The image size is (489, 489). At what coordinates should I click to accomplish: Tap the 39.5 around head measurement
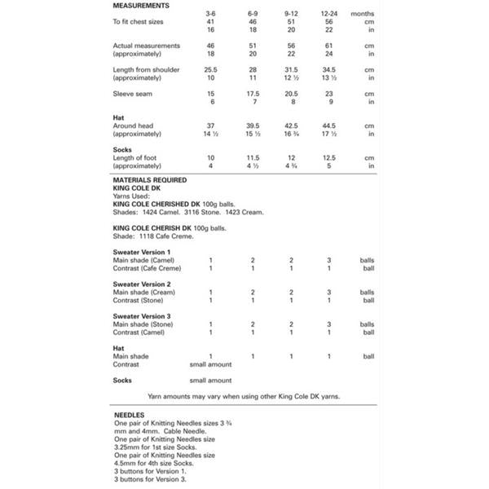coord(252,126)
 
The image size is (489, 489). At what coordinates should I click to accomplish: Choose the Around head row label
coord(135,126)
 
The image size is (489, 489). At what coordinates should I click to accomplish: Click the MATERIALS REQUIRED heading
coord(150,179)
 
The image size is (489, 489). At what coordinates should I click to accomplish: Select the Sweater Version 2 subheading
coord(142,284)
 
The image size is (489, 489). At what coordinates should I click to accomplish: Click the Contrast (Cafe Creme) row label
coord(147,268)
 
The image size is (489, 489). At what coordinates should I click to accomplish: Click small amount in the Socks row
coord(210,381)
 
